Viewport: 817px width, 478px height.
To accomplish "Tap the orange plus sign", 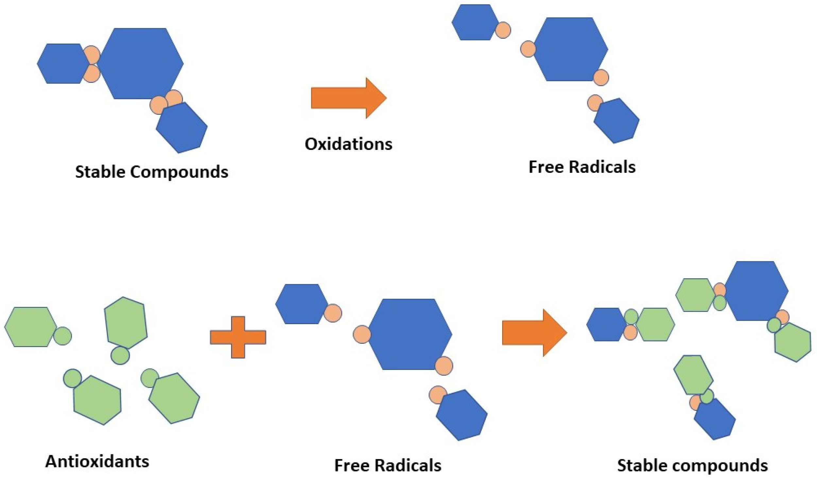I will click(x=238, y=337).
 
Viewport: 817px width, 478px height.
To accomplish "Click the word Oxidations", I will click(x=348, y=144).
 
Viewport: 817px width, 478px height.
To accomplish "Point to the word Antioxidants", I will click(x=97, y=461).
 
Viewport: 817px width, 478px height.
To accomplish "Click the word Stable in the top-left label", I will click(x=100, y=172).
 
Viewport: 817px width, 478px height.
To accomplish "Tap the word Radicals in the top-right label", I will click(x=602, y=167).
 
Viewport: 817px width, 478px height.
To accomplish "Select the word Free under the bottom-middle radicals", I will click(x=351, y=465).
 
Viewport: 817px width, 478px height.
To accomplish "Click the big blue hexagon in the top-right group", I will click(x=570, y=49).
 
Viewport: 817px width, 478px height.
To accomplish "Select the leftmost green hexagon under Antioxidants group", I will click(x=30, y=327).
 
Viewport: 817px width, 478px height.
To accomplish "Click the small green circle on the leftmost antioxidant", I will click(x=62, y=336).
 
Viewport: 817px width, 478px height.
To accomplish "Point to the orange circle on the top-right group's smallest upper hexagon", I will click(x=503, y=30).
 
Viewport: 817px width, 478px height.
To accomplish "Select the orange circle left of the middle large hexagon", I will click(x=362, y=334).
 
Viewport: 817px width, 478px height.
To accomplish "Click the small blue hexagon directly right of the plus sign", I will click(x=301, y=304).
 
